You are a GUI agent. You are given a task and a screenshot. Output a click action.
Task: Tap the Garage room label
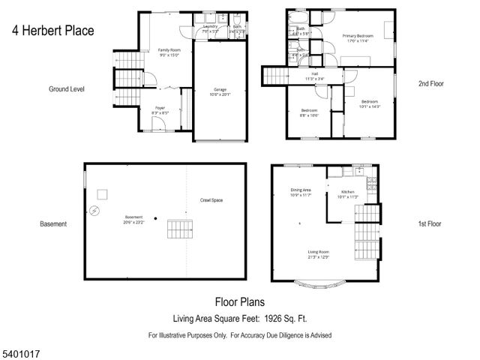coord(220,92)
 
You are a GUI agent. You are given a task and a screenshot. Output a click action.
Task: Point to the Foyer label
coord(160,109)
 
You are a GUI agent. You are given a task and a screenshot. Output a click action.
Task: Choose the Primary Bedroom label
coord(358,37)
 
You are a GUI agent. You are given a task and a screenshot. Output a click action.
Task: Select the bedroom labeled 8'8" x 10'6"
coord(310,112)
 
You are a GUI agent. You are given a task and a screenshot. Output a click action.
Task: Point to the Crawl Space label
coord(211,200)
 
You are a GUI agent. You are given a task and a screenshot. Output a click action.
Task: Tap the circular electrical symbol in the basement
coord(95,211)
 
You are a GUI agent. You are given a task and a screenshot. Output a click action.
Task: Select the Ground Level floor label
coord(67,88)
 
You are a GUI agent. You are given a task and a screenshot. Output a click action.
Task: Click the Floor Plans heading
coord(240,302)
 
